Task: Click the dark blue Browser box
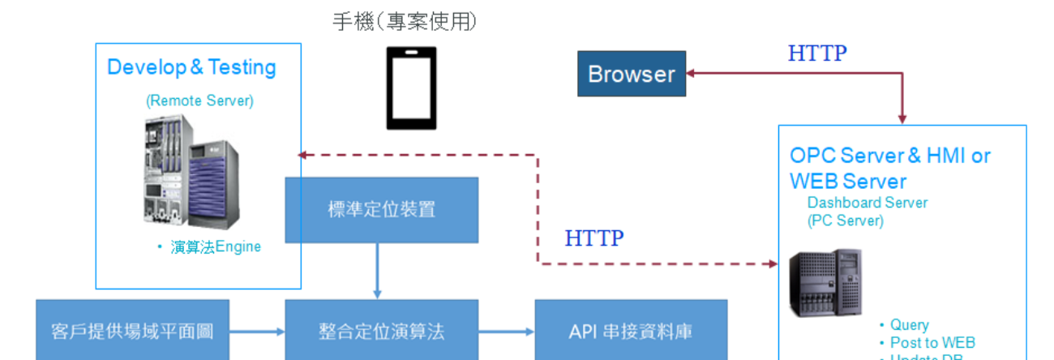click(x=631, y=74)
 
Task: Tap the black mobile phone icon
click(x=410, y=88)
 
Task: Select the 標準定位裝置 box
click(x=381, y=210)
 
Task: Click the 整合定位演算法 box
click(x=381, y=331)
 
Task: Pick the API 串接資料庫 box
click(x=631, y=331)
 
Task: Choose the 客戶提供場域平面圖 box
click(x=132, y=331)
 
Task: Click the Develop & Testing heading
click(x=191, y=67)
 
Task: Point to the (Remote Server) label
click(x=199, y=101)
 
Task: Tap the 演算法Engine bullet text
click(x=216, y=246)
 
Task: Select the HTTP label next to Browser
click(x=817, y=54)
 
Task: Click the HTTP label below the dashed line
click(x=594, y=238)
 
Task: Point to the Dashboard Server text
click(x=868, y=203)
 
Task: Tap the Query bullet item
click(x=909, y=325)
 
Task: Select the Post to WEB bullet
click(x=932, y=343)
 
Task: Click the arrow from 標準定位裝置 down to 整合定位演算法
click(x=378, y=271)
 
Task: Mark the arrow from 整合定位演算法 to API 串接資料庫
click(x=507, y=332)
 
